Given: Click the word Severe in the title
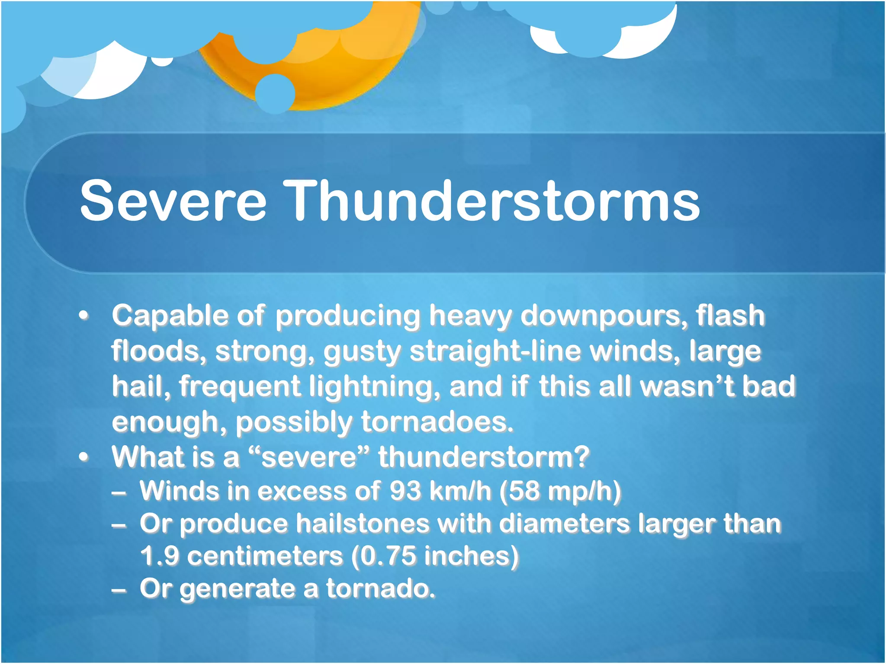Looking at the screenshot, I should (x=173, y=201).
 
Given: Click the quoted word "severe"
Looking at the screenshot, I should (x=309, y=457).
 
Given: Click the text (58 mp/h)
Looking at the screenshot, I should (x=560, y=492).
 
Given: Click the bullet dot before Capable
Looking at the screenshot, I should (x=84, y=316).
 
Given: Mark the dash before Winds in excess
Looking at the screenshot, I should (x=119, y=492).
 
